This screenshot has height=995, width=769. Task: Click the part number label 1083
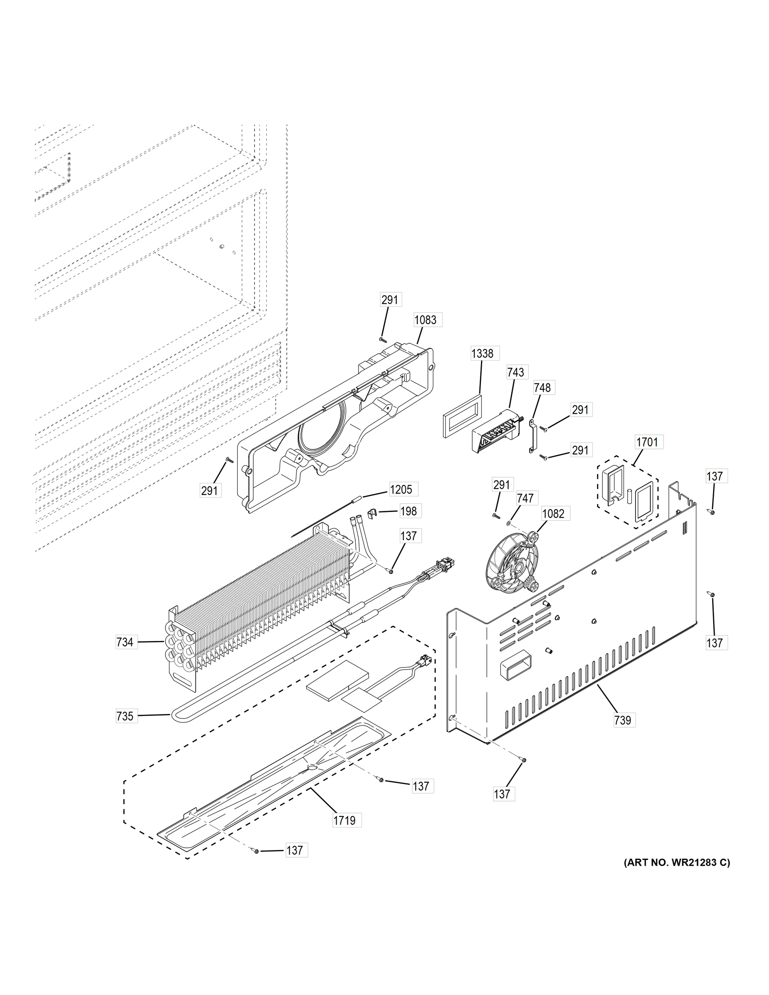click(x=425, y=320)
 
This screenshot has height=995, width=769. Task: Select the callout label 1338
click(x=482, y=353)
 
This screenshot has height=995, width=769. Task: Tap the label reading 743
click(x=515, y=372)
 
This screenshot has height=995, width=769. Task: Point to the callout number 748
click(x=542, y=388)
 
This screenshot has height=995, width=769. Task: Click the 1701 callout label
click(x=647, y=442)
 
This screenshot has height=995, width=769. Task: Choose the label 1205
click(x=401, y=490)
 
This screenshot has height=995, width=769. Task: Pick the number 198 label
click(x=408, y=511)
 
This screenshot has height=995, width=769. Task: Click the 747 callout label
click(x=525, y=498)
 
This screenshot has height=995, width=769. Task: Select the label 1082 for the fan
click(x=553, y=514)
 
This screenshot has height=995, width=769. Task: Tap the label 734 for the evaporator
click(x=125, y=642)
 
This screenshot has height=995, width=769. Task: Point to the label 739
click(x=622, y=720)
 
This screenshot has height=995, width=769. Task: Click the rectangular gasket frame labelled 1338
click(x=462, y=416)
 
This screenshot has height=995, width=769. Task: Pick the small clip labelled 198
click(x=372, y=514)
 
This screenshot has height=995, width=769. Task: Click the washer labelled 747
click(x=509, y=522)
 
